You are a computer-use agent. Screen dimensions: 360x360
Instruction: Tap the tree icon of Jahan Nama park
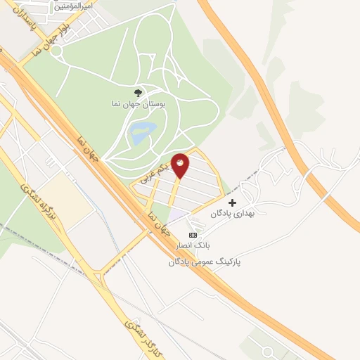(x=138, y=92)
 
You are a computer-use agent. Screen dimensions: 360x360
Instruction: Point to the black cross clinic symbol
(x=233, y=202)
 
